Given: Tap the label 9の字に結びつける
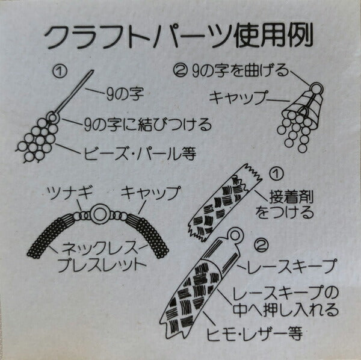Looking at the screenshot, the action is coord(148,125).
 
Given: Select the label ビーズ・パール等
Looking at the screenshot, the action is coord(140,153).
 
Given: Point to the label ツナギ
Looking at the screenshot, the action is coord(70,193).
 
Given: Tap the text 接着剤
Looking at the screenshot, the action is coord(291,197).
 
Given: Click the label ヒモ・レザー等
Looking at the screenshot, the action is coord(255,333).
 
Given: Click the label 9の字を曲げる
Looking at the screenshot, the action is coord(240,70).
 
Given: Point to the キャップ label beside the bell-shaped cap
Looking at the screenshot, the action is coord(238,98).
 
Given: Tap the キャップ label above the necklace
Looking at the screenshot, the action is coord(150,193).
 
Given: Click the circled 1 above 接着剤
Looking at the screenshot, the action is coord(276,174).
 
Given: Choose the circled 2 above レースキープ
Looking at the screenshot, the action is coord(262,246).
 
